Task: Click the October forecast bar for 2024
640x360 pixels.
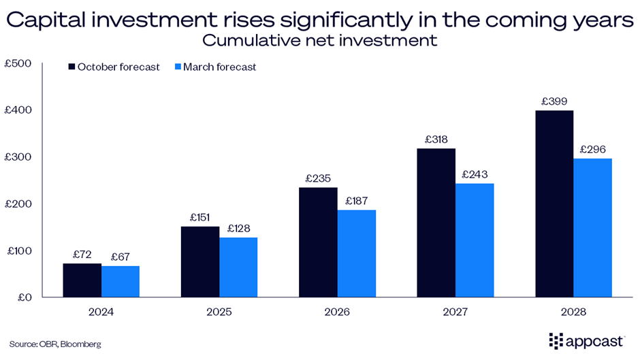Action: click(x=82, y=280)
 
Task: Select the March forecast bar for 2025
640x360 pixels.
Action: click(x=238, y=267)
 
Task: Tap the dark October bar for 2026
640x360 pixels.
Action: click(x=318, y=242)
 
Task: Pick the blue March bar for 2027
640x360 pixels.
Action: click(x=475, y=240)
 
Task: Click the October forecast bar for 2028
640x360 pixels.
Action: click(x=554, y=204)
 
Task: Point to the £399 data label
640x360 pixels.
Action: click(x=554, y=101)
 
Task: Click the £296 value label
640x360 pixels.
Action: click(x=593, y=149)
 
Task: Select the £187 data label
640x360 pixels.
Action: click(x=357, y=201)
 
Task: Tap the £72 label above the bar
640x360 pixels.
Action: click(x=82, y=255)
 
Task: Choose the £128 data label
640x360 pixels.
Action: click(x=238, y=228)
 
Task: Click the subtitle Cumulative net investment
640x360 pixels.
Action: click(x=319, y=40)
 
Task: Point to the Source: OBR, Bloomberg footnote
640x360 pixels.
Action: click(x=55, y=344)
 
